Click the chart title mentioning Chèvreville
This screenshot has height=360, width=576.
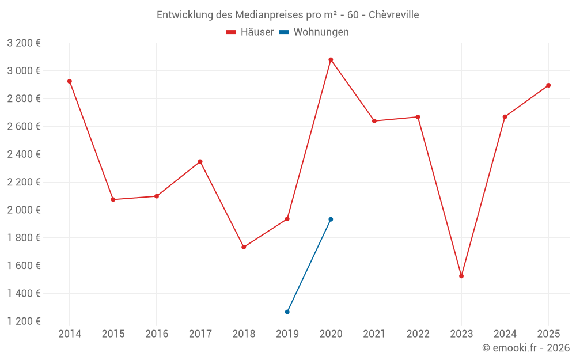coord(287,14)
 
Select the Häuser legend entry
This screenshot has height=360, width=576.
coord(251,32)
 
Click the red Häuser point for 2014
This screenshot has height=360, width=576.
coord(70,81)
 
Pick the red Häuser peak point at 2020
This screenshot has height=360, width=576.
coord(331,60)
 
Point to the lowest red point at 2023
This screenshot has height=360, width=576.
coord(461,276)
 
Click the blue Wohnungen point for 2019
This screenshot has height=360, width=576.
coord(287,312)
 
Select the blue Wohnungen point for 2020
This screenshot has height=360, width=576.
coord(331,219)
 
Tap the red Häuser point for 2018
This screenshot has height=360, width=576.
coord(244,247)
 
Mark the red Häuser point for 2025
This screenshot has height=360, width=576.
coord(548,85)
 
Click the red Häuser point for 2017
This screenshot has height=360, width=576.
coord(200,161)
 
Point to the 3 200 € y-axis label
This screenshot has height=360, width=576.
coord(24,43)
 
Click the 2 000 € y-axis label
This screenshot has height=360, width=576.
coord(24,210)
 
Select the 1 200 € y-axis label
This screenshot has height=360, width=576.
coord(24,321)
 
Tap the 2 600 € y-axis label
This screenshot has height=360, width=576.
coord(24,127)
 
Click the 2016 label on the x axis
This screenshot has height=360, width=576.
coord(157,334)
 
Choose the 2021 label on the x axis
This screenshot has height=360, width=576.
coord(374,334)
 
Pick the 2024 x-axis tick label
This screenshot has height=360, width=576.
coord(505,334)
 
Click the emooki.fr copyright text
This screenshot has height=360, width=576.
coord(525,348)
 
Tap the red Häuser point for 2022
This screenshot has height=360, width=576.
coord(418,117)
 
